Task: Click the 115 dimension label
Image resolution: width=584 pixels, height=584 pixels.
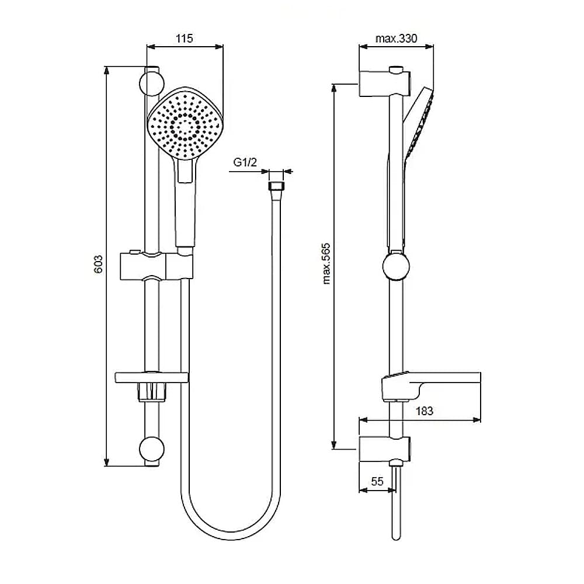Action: click(185, 39)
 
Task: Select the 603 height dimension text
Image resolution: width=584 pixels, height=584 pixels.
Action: click(98, 265)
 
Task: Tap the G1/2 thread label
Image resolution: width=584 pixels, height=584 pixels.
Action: click(245, 162)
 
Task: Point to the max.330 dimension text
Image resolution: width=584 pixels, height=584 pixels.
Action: click(397, 39)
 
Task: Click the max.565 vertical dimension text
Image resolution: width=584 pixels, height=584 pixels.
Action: click(326, 264)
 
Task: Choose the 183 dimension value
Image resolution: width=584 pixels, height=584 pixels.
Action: click(424, 411)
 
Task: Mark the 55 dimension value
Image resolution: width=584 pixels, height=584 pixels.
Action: click(377, 481)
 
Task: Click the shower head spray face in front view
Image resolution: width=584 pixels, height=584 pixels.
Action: click(185, 122)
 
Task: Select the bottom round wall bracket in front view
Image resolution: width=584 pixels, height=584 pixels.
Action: click(152, 449)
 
